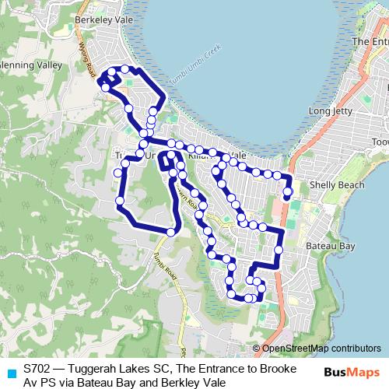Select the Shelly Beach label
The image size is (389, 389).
pos(336,185)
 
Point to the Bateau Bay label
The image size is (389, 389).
pos(331,246)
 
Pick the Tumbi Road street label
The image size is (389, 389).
pos(164,268)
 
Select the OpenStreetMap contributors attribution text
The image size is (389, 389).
pos(321,349)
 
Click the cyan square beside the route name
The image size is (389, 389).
pos(11,373)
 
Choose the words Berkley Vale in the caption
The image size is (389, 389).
pos(191,382)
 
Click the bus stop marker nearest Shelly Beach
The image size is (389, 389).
pos(288,191)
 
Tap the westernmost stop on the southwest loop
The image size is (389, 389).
pos(120,202)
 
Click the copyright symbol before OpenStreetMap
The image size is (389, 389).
pos(257,349)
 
